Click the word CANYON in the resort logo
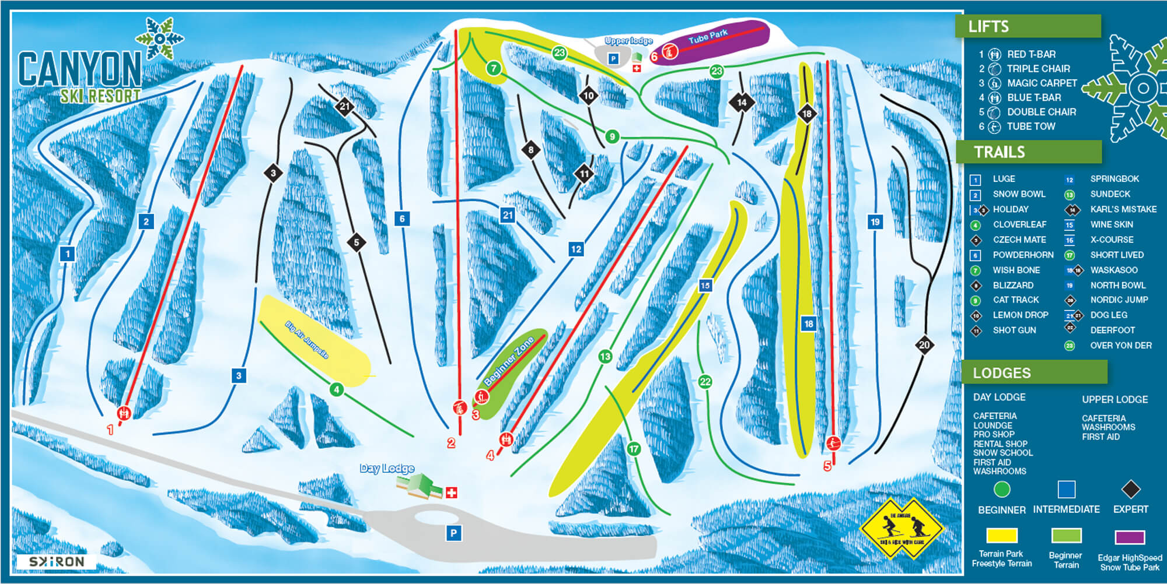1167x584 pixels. click(x=80, y=69)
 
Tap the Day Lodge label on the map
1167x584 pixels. click(x=387, y=468)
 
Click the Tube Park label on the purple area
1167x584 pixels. click(x=708, y=37)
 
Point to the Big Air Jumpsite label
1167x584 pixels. click(x=307, y=340)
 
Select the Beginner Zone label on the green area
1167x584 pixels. click(x=509, y=360)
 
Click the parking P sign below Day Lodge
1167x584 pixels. click(x=453, y=532)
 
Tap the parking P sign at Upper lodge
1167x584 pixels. click(x=613, y=58)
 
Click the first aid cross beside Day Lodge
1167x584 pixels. click(x=451, y=492)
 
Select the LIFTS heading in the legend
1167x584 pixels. click(x=988, y=26)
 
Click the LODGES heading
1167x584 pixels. click(x=1001, y=373)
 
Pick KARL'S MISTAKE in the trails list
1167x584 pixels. click(x=1123, y=209)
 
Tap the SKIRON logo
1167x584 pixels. click(x=57, y=562)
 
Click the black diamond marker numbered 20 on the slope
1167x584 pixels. click(x=924, y=344)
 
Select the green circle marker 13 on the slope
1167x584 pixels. click(x=605, y=356)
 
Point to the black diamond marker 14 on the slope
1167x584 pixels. click(x=742, y=102)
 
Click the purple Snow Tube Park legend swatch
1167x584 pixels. click(x=1130, y=536)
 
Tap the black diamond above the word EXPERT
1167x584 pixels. click(x=1130, y=489)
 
